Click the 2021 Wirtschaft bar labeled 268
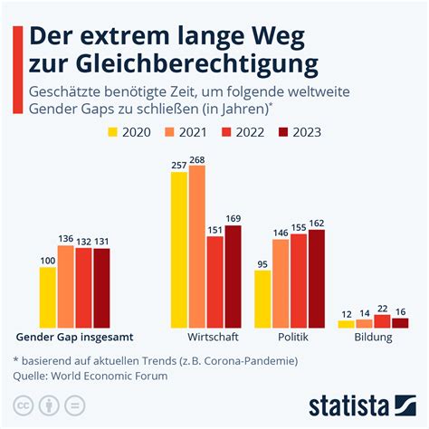pos(196,246)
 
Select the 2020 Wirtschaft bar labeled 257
pos(178,249)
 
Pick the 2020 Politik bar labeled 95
pos(262,298)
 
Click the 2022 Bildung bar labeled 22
pos(382,320)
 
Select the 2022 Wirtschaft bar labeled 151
pos(214,281)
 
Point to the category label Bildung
pos(373,338)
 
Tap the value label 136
pos(66,239)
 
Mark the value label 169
pos(233,217)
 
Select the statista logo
pos(361,403)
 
